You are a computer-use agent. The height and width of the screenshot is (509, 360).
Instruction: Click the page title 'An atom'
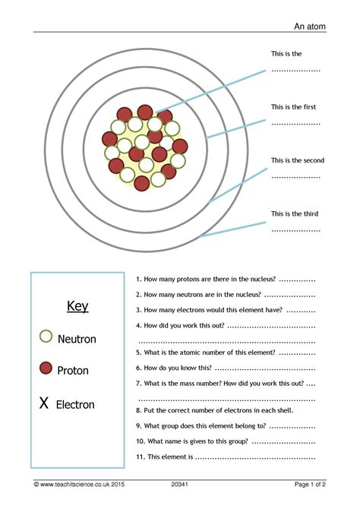pyautogui.click(x=311, y=27)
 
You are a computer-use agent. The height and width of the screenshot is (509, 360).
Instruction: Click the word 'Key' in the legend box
pyautogui.click(x=77, y=307)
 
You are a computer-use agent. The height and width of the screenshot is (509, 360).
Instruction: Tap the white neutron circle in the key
pyautogui.click(x=46, y=336)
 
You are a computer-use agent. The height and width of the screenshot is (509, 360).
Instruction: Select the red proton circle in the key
pyautogui.click(x=46, y=368)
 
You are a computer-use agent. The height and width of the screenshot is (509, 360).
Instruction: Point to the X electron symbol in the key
pyautogui.click(x=44, y=403)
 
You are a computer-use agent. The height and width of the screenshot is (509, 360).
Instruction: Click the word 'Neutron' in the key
pyautogui.click(x=77, y=340)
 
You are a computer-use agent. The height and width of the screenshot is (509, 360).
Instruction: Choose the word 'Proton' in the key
pyautogui.click(x=73, y=371)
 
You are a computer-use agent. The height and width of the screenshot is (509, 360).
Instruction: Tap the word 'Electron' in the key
pyautogui.click(x=75, y=405)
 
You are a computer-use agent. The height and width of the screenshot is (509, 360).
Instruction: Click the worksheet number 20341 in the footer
pyautogui.click(x=180, y=484)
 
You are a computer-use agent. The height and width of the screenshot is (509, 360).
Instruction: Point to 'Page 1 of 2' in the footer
pyautogui.click(x=310, y=484)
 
